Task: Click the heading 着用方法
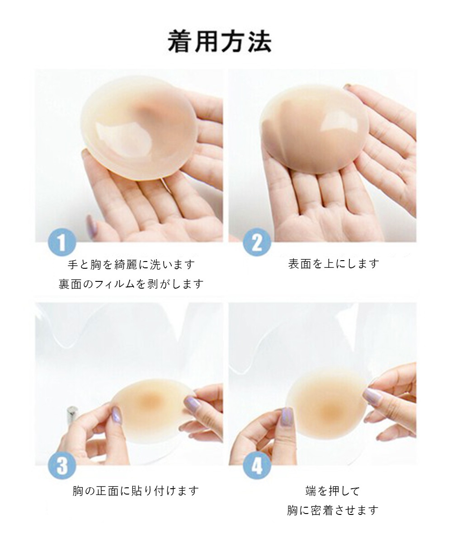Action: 220,42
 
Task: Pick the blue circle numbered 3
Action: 62,465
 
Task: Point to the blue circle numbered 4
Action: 257,465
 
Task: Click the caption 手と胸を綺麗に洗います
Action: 132,265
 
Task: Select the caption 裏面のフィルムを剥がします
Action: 131,284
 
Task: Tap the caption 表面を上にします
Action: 334,264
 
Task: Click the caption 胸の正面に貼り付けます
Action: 136,491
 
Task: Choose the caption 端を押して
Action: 333,491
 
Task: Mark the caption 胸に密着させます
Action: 333,510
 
